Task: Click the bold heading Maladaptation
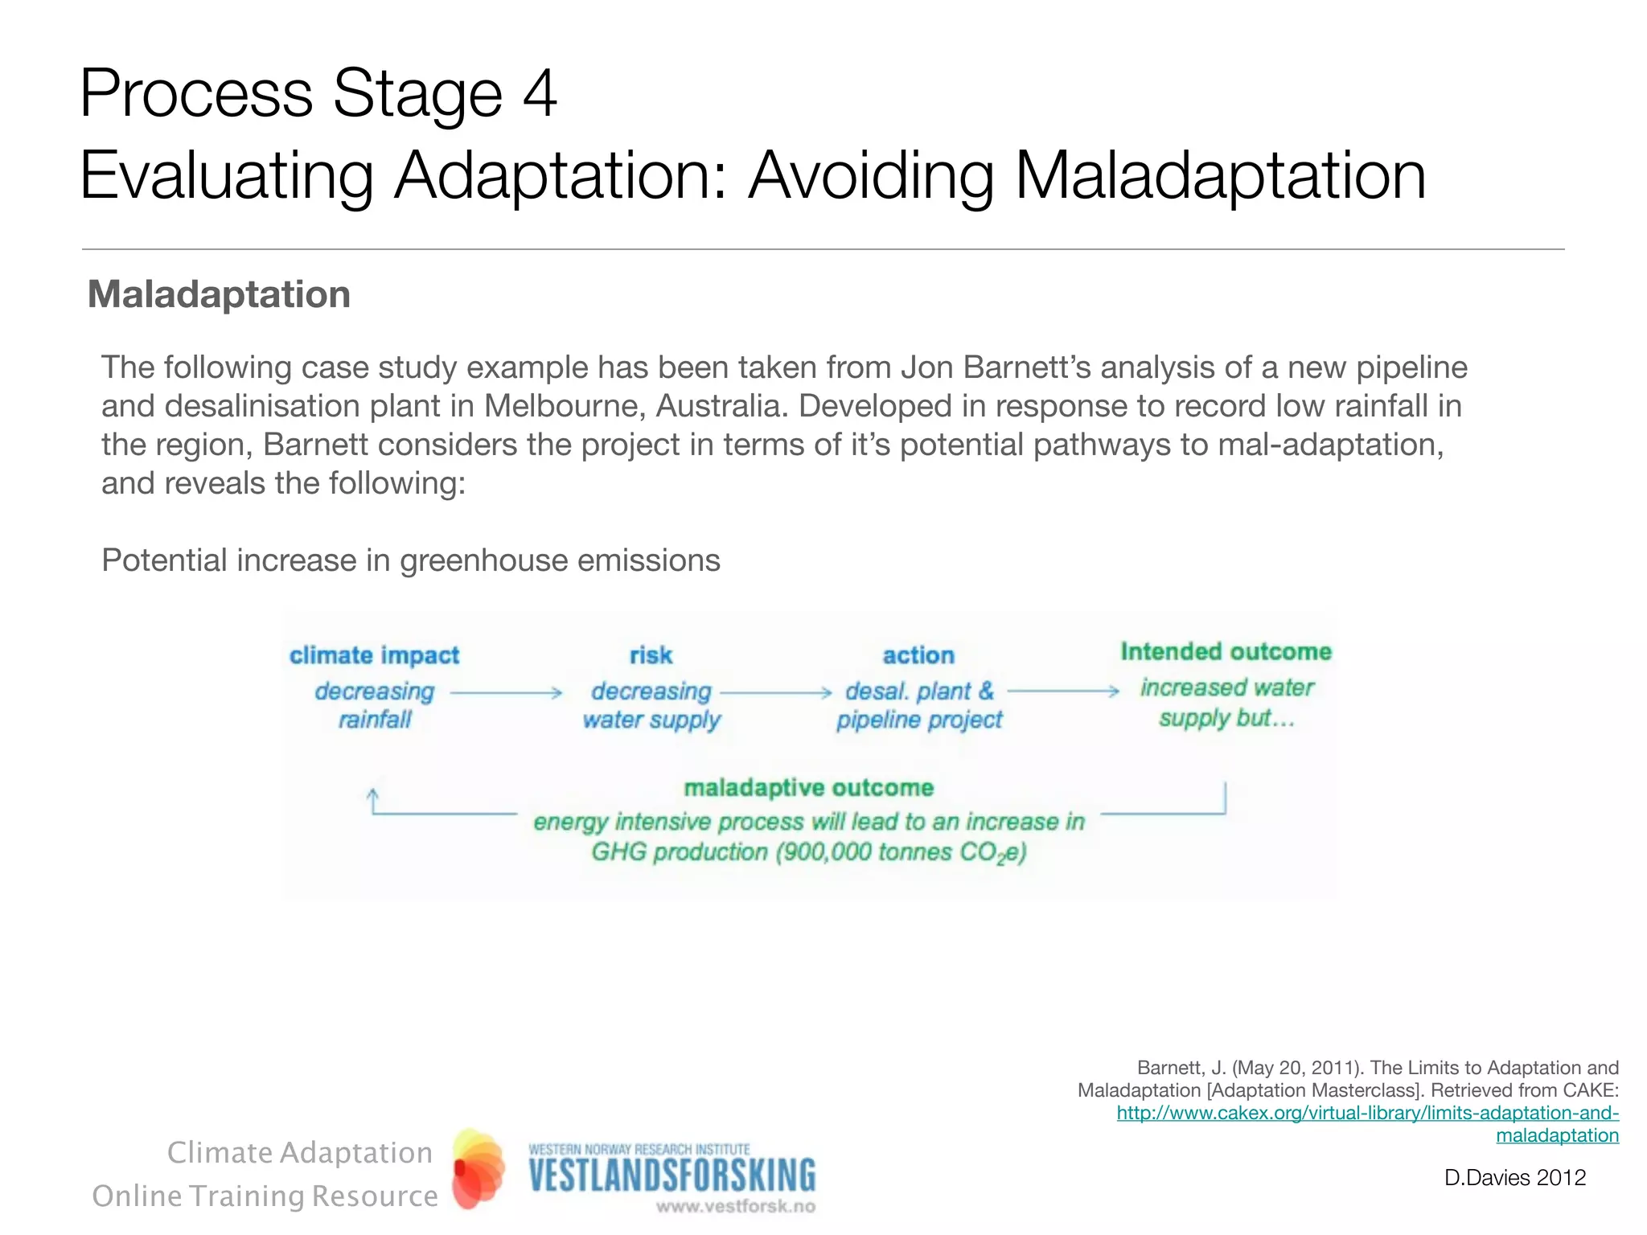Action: (x=219, y=294)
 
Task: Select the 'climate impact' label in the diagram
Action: (x=374, y=655)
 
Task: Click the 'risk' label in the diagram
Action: (x=651, y=655)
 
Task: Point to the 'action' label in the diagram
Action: (x=918, y=655)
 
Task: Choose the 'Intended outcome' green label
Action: (x=1226, y=651)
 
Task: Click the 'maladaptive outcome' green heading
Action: (x=808, y=787)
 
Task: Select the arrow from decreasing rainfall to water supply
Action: (x=506, y=692)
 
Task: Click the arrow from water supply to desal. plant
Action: (x=776, y=692)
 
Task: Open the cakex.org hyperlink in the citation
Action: (x=1366, y=1114)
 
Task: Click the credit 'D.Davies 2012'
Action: (x=1514, y=1178)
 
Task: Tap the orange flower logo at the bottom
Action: (x=478, y=1169)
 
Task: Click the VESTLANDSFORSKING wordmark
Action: (x=672, y=1176)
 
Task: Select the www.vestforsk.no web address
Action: (x=735, y=1206)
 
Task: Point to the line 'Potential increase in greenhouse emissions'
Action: (x=410, y=560)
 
